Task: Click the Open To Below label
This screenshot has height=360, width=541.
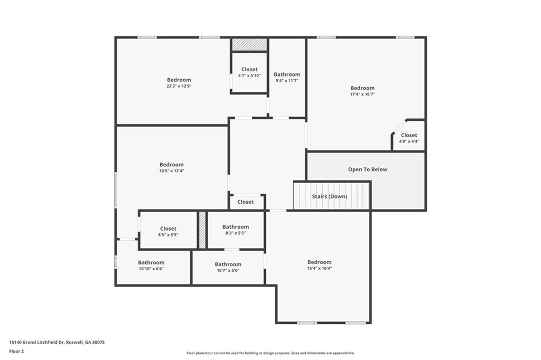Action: (368, 169)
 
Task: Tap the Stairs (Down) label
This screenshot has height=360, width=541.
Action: (330, 196)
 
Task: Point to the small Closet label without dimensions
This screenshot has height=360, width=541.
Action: (245, 202)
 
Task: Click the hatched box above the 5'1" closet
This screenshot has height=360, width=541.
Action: (249, 44)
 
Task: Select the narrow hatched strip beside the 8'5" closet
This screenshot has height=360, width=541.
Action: (202, 230)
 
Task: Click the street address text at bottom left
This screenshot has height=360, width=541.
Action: (57, 342)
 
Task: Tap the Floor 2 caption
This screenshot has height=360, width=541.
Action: (16, 351)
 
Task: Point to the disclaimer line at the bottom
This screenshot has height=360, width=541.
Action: (270, 353)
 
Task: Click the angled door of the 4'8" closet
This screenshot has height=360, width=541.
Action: (399, 127)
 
